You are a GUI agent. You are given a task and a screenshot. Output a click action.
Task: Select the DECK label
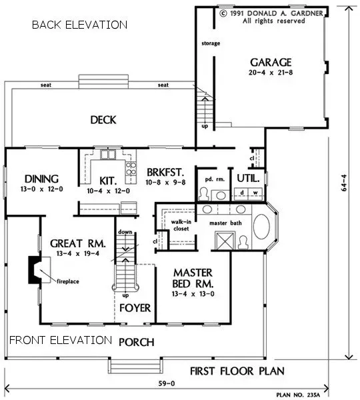(103, 120)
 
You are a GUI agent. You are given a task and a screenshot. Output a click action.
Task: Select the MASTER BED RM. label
(193, 278)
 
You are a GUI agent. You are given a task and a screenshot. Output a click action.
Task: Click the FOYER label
(135, 308)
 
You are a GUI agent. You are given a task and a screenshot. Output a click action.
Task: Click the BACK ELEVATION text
(79, 25)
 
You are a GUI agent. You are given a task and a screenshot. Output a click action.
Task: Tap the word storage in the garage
(211, 44)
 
